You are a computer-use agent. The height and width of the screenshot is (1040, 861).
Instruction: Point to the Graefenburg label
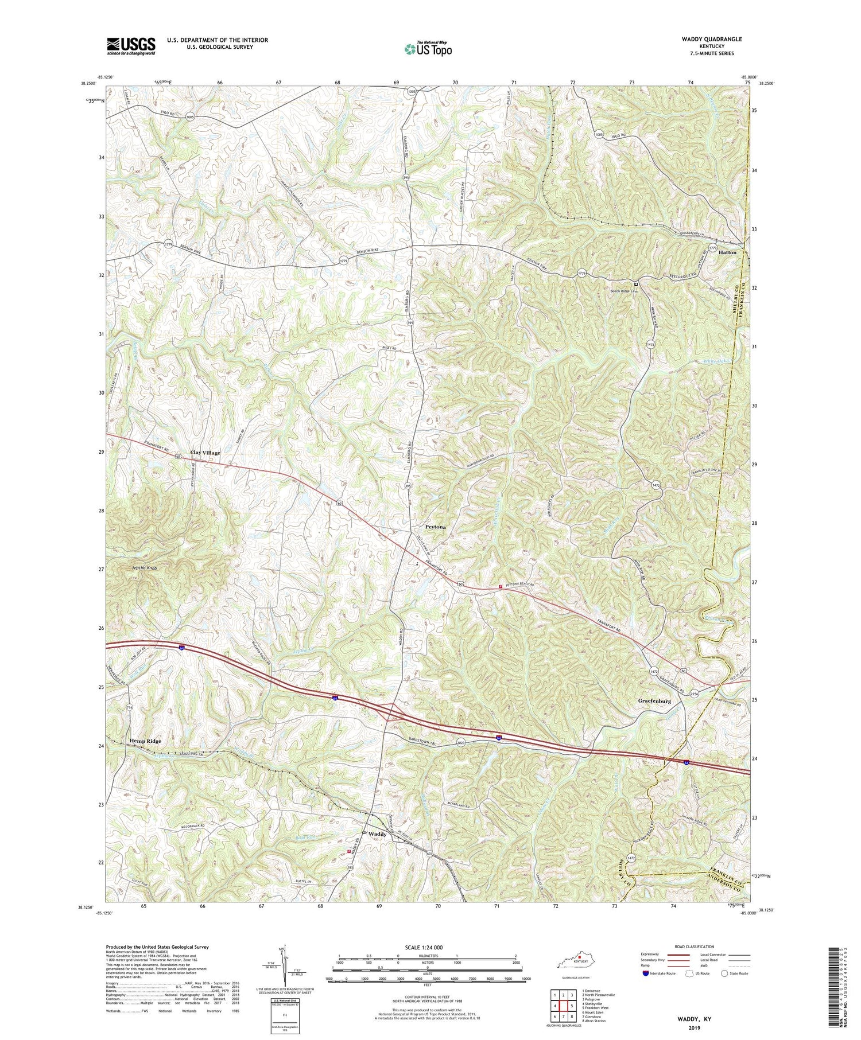click(654, 701)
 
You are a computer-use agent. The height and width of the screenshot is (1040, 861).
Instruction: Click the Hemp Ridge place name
click(145, 741)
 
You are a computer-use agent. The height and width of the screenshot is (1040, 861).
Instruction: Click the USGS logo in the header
click(131, 46)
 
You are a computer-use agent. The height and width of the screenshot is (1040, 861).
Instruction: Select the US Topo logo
click(428, 49)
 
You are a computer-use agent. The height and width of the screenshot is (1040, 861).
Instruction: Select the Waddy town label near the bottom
click(377, 833)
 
